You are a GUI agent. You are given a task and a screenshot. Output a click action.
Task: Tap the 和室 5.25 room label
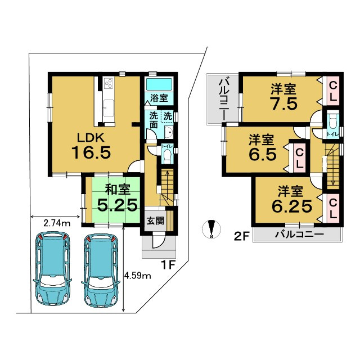click(118, 199)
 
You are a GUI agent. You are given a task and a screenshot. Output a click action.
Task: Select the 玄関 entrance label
click(155, 221)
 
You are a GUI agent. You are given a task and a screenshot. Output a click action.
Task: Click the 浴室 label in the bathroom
click(159, 98)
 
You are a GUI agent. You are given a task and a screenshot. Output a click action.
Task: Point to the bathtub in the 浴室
click(159, 84)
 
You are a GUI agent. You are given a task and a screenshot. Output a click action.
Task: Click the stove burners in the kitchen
click(109, 83)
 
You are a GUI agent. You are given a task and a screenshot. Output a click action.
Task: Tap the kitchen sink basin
click(109, 107)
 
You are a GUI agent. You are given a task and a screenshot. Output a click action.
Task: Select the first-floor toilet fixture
click(167, 156)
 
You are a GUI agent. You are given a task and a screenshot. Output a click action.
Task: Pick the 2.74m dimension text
click(57, 223)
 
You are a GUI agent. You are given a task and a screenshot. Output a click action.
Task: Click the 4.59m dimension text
click(137, 276)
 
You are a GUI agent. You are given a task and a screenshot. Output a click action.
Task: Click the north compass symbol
click(211, 229)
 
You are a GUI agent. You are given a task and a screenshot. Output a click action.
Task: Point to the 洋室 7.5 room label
click(283, 97)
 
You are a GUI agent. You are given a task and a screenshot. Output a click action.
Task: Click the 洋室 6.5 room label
click(262, 148)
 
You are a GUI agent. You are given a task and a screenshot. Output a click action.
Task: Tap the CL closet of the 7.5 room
click(333, 92)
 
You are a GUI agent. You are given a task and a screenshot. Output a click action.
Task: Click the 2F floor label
click(241, 237)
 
